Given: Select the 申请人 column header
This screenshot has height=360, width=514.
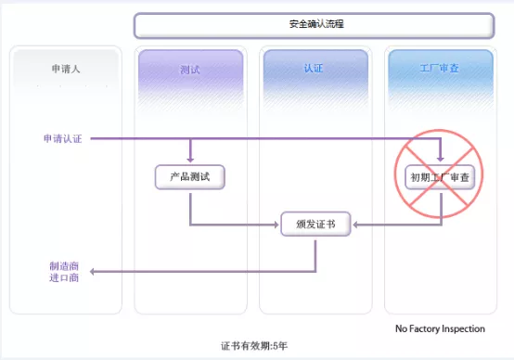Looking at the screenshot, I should [x=65, y=69].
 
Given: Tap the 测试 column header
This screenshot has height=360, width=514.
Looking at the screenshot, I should [x=190, y=69].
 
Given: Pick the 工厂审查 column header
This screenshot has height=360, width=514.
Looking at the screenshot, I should [x=439, y=69].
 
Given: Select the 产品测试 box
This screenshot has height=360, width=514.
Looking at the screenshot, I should [x=190, y=176].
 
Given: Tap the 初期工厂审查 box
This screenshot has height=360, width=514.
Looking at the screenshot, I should [x=441, y=176].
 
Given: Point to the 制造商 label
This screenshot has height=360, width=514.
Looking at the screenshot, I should [x=64, y=265].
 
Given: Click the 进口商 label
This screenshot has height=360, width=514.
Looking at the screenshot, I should [x=64, y=277].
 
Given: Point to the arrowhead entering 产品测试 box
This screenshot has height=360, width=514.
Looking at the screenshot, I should [x=190, y=159].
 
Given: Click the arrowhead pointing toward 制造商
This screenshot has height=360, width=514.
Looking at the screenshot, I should [x=95, y=271].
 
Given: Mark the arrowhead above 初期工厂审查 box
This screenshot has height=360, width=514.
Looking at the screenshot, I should [x=441, y=159].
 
